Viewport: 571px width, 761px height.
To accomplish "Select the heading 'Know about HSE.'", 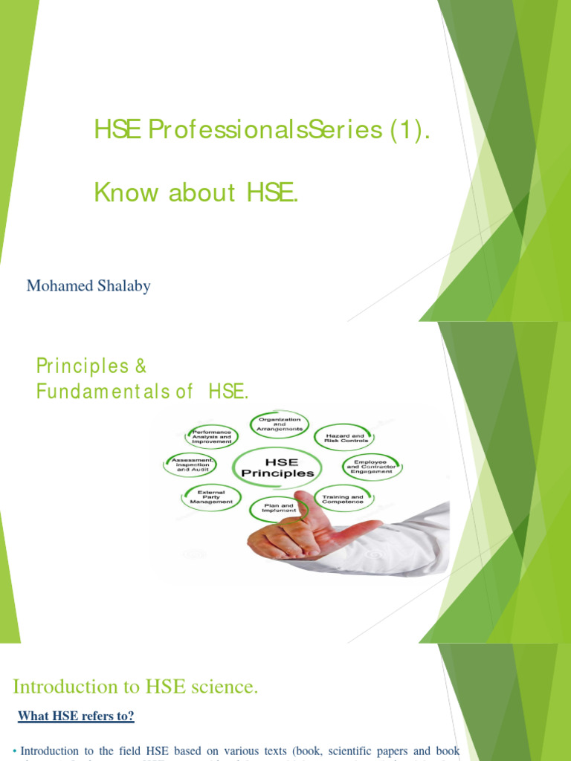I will [196, 192].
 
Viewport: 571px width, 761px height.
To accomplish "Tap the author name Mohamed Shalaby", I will [88, 286].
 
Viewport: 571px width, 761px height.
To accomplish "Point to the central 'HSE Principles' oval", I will [274, 466].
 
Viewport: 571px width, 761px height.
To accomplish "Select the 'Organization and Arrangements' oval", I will [279, 424].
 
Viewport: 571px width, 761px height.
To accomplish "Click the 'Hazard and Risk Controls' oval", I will [343, 438].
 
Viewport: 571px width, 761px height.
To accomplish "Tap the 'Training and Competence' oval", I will [343, 499].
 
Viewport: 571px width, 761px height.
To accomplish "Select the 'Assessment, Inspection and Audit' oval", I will [192, 465].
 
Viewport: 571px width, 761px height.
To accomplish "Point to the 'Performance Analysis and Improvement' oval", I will [211, 436].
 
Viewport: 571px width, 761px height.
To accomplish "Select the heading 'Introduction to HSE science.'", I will [136, 687].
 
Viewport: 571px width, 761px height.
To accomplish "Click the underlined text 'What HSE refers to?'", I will [76, 716].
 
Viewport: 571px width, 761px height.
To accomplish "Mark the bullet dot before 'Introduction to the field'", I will [15, 751].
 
